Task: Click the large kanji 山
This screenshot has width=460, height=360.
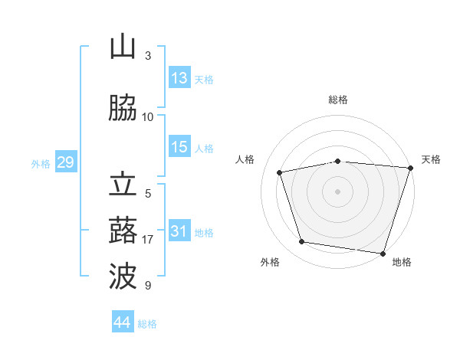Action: (123, 46)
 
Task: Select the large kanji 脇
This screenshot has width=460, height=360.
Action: (123, 107)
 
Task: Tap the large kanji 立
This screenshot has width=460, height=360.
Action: (123, 184)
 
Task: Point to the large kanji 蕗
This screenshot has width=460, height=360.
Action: (123, 230)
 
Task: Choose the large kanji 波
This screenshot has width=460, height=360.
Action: (123, 276)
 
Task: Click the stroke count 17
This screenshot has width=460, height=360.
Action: (147, 240)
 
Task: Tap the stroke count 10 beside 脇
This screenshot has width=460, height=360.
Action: (147, 117)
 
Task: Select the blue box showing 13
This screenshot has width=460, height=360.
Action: (179, 77)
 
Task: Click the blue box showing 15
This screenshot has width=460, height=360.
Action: (179, 146)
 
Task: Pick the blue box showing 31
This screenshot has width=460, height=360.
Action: (179, 230)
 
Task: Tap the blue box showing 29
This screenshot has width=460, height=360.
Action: (66, 162)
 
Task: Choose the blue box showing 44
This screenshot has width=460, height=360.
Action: (123, 321)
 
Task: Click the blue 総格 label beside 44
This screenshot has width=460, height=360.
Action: (147, 324)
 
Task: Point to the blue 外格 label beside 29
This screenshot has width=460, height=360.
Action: (41, 164)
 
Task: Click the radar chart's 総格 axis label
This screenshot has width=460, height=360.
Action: (338, 100)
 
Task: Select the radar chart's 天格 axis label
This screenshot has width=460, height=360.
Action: (431, 159)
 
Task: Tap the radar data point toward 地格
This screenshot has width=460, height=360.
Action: (383, 254)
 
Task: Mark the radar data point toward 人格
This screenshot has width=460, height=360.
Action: (280, 172)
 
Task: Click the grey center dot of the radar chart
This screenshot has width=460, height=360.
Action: (337, 191)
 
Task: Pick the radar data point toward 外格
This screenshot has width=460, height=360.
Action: (301, 242)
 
